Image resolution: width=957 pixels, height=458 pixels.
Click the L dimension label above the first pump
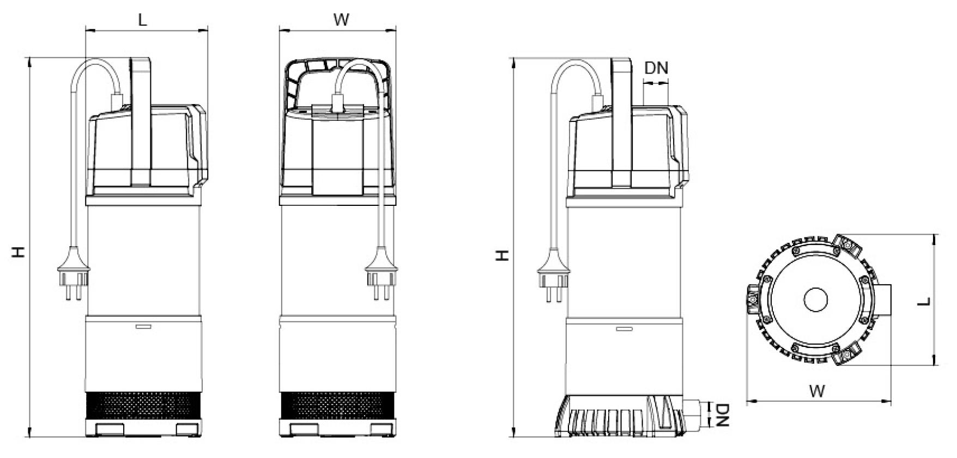pos(142,20)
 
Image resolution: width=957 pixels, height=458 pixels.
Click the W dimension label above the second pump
pos(341,20)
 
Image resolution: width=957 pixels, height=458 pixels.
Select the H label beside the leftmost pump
pos(19,252)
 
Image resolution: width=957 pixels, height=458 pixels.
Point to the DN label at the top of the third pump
pos(656,68)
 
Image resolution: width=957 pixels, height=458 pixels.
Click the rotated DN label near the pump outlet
pos(722,415)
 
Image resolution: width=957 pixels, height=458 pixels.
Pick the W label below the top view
pos(817,390)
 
